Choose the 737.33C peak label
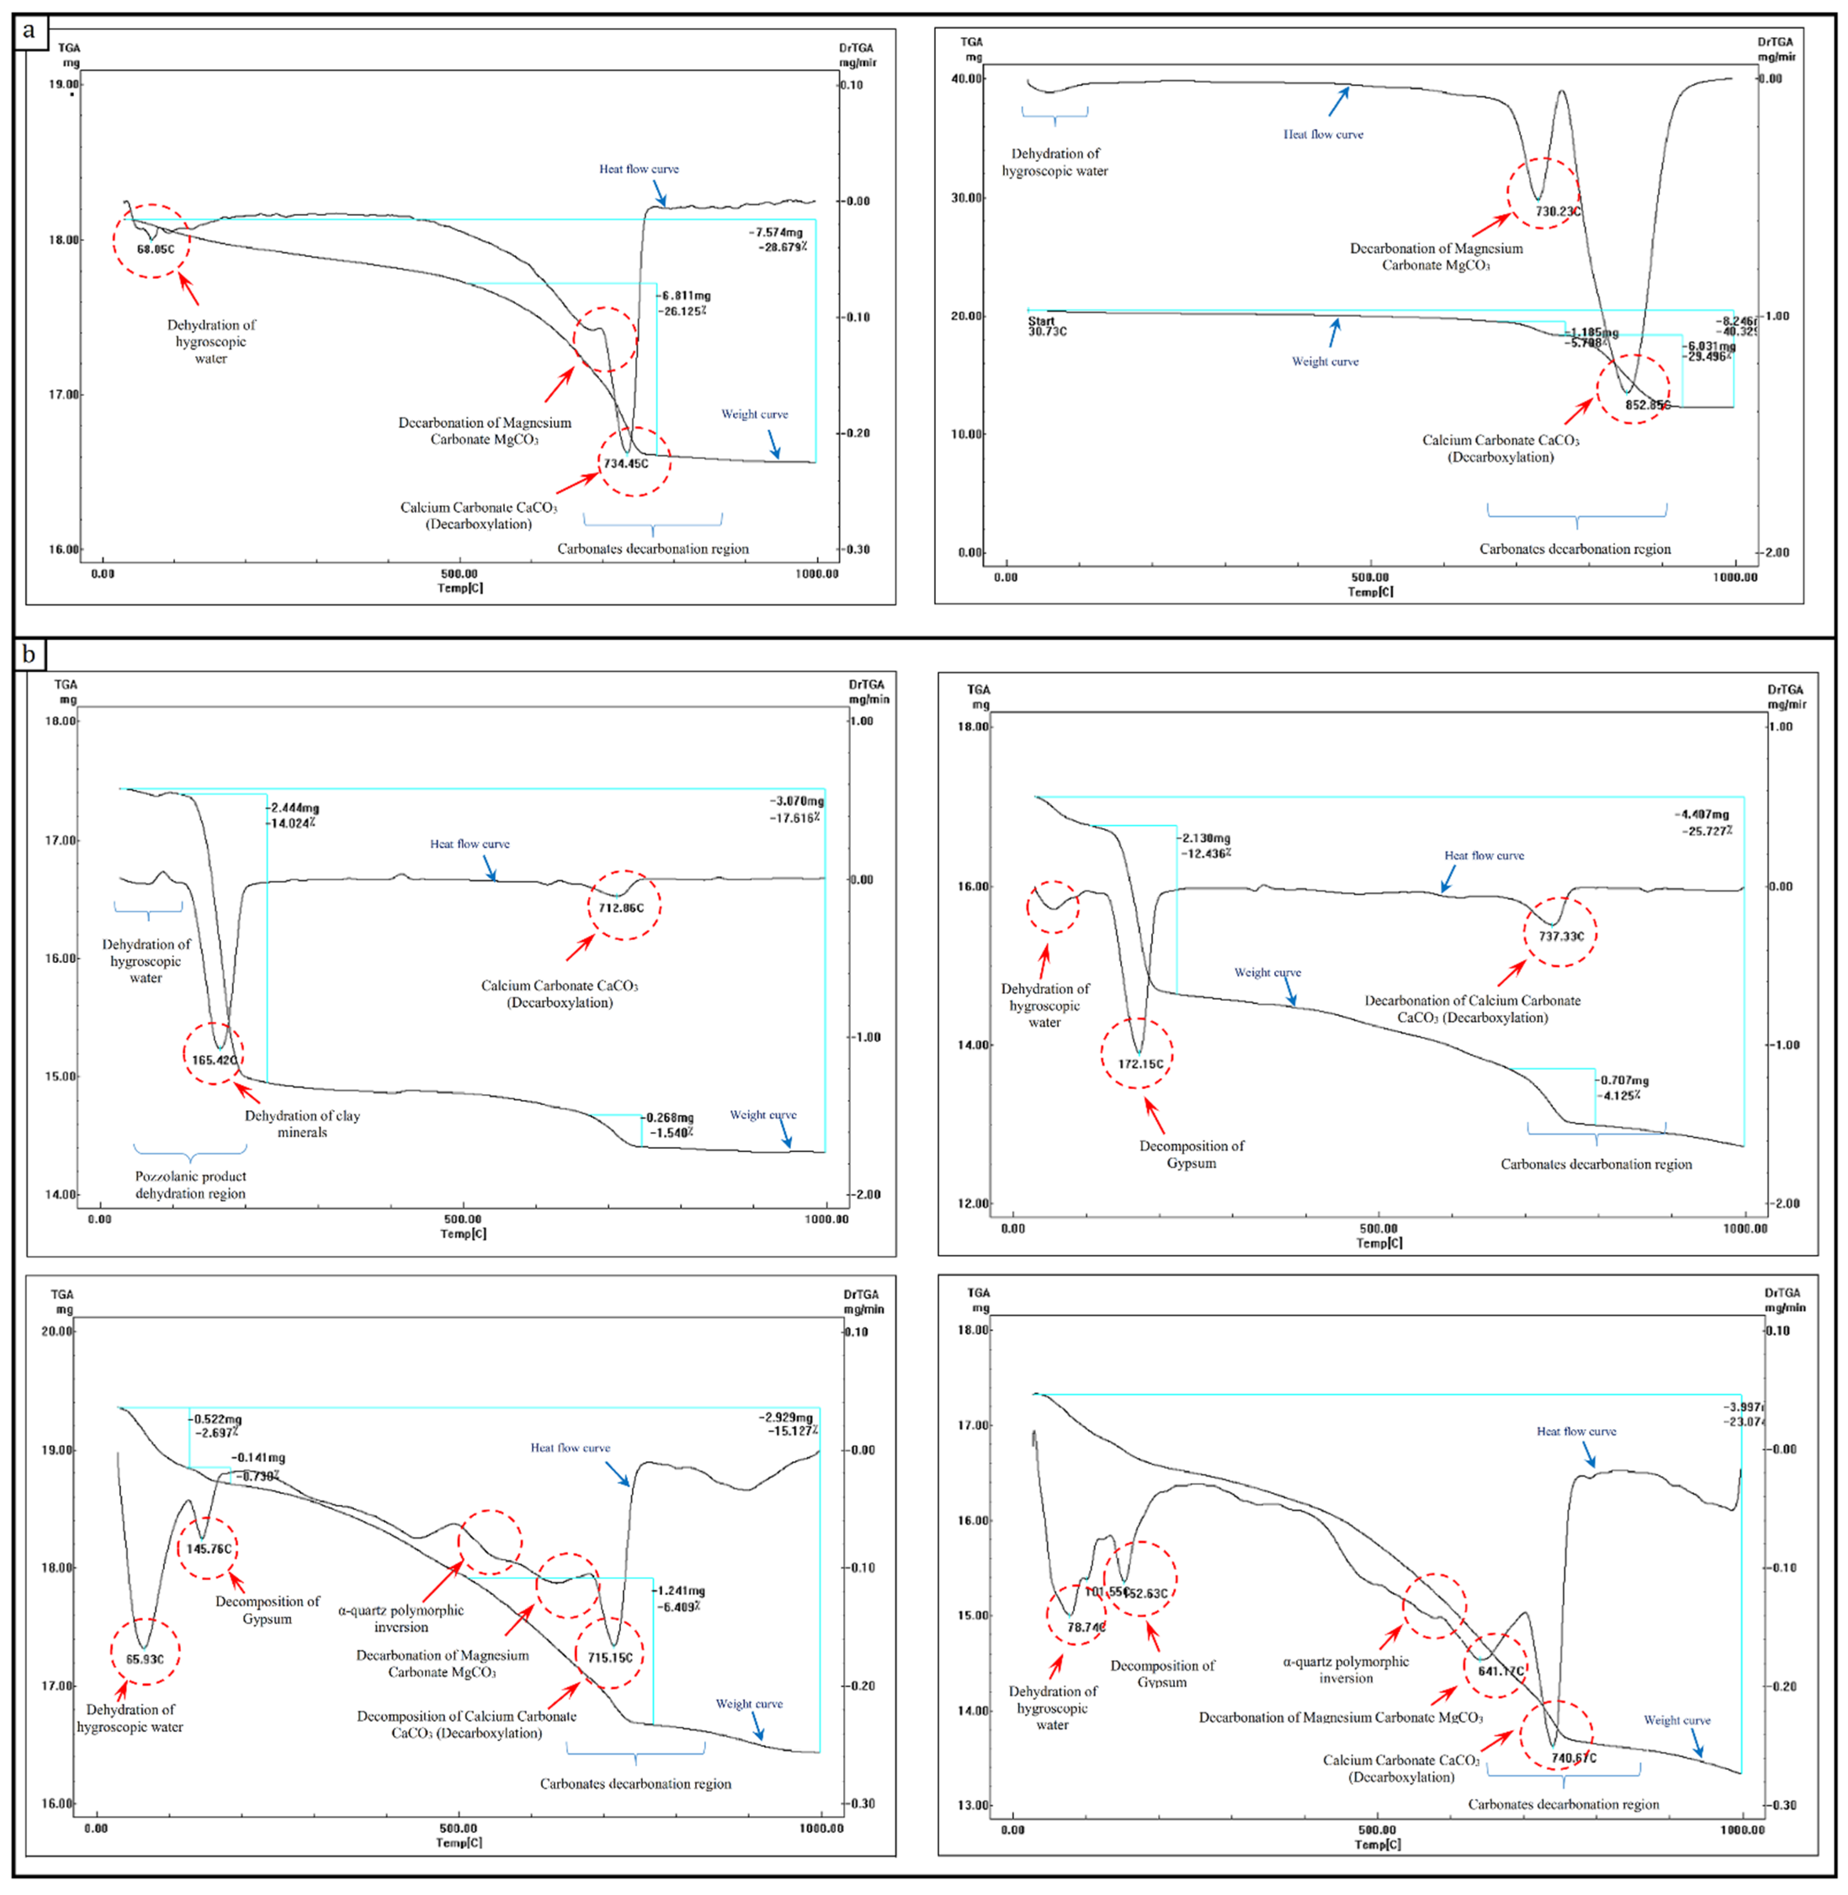(x=1561, y=937)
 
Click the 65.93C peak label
(x=145, y=1659)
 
